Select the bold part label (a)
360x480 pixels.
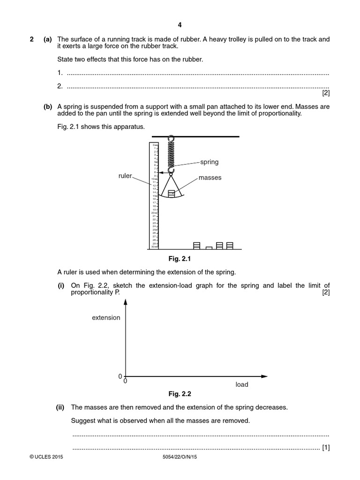point(48,40)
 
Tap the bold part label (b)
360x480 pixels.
point(48,107)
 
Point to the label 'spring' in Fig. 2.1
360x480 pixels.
point(210,162)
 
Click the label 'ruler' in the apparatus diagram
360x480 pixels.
point(125,176)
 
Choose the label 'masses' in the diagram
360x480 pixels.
point(210,178)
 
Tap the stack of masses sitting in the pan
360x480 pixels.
point(171,193)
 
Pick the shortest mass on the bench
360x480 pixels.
point(209,247)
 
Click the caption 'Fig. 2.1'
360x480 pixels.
point(180,258)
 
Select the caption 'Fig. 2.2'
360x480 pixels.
point(180,394)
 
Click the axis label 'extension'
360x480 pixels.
point(106,318)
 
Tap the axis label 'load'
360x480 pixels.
point(242,384)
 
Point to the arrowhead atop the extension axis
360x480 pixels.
point(125,303)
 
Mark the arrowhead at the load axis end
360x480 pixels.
point(264,376)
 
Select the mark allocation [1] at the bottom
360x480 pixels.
point(326,448)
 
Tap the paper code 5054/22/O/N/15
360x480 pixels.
point(180,457)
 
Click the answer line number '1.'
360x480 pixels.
point(60,73)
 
